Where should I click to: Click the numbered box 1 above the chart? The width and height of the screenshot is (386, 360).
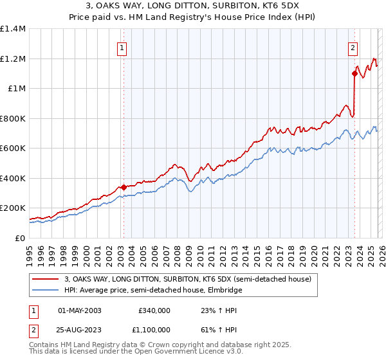pos(122,47)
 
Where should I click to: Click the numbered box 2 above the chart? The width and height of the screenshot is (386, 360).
pos(353,47)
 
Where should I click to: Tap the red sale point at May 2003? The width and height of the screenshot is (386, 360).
pos(124,187)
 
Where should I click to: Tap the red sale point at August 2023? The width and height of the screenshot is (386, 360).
pos(354,73)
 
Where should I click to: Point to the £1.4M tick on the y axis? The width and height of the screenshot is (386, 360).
pos(13,29)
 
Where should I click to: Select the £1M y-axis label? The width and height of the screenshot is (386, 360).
pos(16,89)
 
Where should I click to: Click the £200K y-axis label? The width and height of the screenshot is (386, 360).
pos(13,208)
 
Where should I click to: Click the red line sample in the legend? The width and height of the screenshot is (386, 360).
pos(46,280)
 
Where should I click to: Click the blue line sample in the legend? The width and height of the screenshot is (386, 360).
pos(46,290)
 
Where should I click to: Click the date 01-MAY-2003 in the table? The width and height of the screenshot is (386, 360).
pos(80,310)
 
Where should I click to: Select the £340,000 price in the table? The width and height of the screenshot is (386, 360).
pos(154,310)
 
